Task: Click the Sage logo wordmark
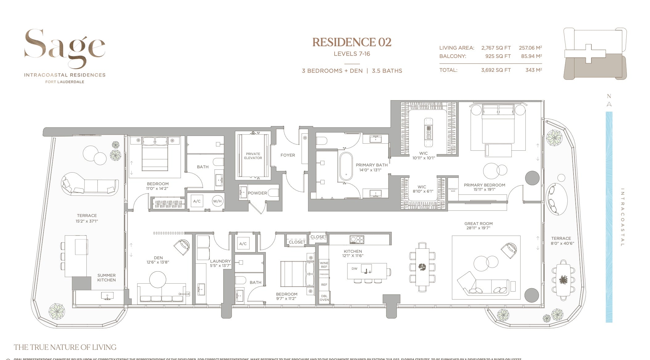click(65, 48)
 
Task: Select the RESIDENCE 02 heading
click(352, 42)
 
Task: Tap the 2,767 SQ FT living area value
click(496, 48)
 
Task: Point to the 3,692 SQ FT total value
click(496, 70)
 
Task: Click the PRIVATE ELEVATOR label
click(253, 156)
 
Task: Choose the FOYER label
click(288, 155)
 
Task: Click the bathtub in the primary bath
click(346, 167)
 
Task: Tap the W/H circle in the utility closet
click(217, 201)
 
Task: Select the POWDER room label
click(257, 193)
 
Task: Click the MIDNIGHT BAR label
click(453, 190)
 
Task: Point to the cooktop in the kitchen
click(357, 239)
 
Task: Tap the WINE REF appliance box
click(324, 265)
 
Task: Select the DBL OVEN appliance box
click(324, 298)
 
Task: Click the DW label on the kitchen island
click(354, 268)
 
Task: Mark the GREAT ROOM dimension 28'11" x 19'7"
click(478, 228)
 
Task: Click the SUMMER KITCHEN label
click(106, 278)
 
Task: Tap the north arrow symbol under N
click(609, 104)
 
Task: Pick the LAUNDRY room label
click(220, 261)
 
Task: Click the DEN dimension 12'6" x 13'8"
click(158, 262)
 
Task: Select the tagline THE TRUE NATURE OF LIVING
click(65, 347)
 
